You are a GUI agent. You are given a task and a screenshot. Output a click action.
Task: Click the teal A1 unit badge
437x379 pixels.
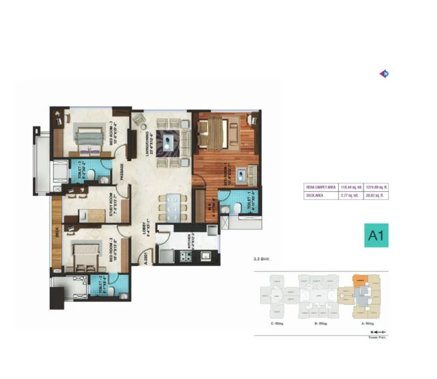click(x=376, y=235)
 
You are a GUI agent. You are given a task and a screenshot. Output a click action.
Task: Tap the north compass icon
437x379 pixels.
click(x=385, y=73)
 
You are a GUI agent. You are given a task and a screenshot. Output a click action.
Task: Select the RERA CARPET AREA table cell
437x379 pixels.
click(x=321, y=187)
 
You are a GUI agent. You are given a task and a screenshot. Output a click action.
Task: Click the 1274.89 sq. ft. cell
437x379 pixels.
click(x=377, y=187)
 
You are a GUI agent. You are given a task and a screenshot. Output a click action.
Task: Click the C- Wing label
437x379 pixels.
click(x=276, y=323)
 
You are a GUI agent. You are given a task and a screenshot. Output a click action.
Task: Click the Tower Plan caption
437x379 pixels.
click(x=380, y=337)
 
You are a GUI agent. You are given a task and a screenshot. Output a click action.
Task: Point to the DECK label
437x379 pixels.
click(x=56, y=232)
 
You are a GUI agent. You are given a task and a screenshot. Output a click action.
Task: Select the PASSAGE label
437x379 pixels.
click(x=121, y=171)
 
